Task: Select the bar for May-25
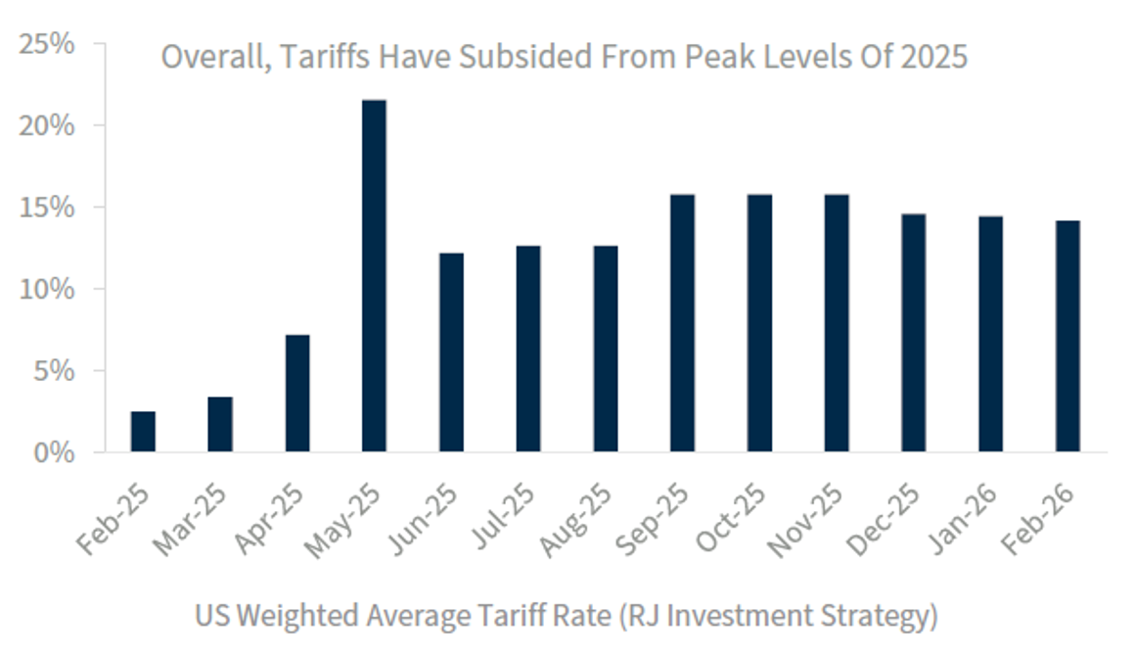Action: (x=374, y=276)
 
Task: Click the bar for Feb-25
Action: (x=143, y=432)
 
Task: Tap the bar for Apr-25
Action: (x=297, y=394)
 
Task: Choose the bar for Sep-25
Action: (x=683, y=323)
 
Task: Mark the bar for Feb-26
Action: (x=1067, y=337)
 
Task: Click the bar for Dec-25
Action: (x=914, y=333)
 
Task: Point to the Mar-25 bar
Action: (x=220, y=424)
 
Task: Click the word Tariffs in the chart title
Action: (x=317, y=57)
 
